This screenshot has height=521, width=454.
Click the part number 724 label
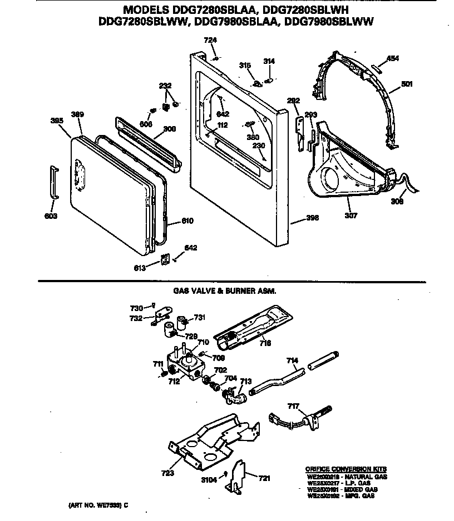pyautogui.click(x=210, y=40)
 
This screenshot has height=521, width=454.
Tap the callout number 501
pyautogui.click(x=407, y=84)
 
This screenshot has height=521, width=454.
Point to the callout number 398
pyautogui.click(x=313, y=218)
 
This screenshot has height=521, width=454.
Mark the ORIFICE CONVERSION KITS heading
pyautogui.click(x=346, y=469)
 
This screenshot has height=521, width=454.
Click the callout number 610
pyautogui.click(x=187, y=221)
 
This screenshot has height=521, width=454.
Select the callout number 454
pyautogui.click(x=392, y=58)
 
